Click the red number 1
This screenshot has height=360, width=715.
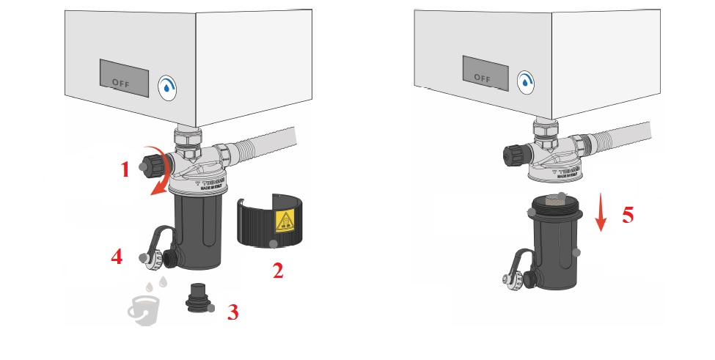[125, 170]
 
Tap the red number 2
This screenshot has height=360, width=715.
[277, 271]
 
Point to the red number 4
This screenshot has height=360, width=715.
[116, 257]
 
